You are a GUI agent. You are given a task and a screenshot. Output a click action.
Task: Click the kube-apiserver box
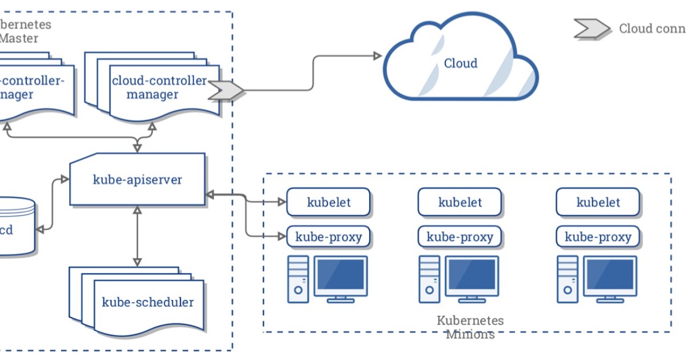point(137,179)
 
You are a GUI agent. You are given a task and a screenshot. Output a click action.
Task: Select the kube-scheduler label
point(147,302)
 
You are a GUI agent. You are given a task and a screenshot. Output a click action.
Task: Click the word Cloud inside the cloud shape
point(460,63)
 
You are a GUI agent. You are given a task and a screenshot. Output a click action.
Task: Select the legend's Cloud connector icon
point(592,29)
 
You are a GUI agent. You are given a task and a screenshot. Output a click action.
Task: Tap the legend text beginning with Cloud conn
point(652,29)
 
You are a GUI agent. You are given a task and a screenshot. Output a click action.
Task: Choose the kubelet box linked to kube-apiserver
point(329,202)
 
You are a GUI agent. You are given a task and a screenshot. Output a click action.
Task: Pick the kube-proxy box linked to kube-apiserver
point(329,237)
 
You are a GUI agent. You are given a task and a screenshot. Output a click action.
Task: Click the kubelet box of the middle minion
point(460,202)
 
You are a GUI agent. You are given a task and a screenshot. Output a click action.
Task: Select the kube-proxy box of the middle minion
point(460,237)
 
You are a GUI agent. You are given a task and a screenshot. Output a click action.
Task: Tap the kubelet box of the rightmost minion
point(598,202)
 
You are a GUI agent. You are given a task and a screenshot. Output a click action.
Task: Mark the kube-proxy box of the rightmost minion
point(598,237)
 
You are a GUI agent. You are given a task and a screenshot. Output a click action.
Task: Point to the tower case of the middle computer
point(429,278)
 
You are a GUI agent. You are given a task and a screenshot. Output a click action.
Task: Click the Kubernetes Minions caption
point(470,327)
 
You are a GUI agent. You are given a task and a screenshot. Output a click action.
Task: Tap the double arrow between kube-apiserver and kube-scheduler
point(137,235)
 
